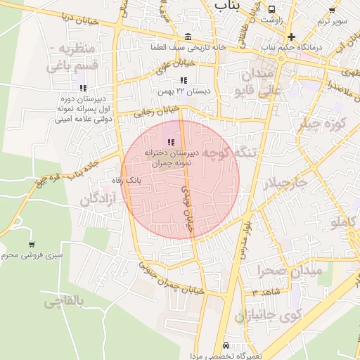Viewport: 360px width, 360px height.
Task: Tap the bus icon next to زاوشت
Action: pyautogui.click(x=272, y=10)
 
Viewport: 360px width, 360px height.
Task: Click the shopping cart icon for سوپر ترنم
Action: pyautogui.click(x=332, y=11)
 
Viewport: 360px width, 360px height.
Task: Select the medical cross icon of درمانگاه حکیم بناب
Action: pyautogui.click(x=291, y=37)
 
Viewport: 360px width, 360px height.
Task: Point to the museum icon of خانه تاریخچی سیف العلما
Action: pyautogui.click(x=186, y=37)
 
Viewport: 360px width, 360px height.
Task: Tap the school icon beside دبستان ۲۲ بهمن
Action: pyautogui.click(x=184, y=81)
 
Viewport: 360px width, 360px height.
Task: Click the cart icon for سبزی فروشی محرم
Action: pyautogui.click(x=32, y=244)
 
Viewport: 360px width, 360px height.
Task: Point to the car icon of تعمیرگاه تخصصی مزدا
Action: pyautogui.click(x=225, y=346)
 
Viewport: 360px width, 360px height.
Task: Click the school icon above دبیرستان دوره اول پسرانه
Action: pyautogui.click(x=83, y=89)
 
